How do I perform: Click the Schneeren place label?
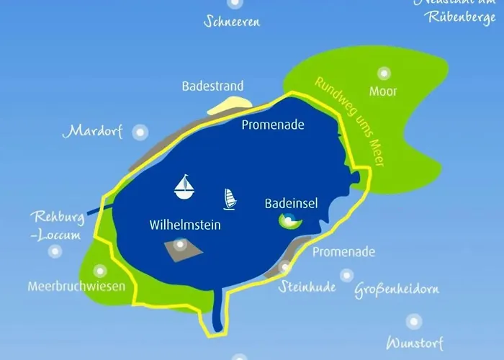click(232, 21)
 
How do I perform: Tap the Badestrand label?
click(212, 86)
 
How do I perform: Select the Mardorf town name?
click(96, 132)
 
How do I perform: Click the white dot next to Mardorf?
click(140, 132)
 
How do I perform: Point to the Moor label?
click(383, 91)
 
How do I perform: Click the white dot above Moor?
click(384, 73)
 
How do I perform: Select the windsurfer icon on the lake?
click(230, 199)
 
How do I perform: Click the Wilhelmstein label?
click(185, 225)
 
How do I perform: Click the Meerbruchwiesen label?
click(76, 286)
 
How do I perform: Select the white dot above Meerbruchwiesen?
click(100, 271)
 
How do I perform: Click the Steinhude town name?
click(307, 287)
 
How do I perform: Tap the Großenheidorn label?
click(397, 290)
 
